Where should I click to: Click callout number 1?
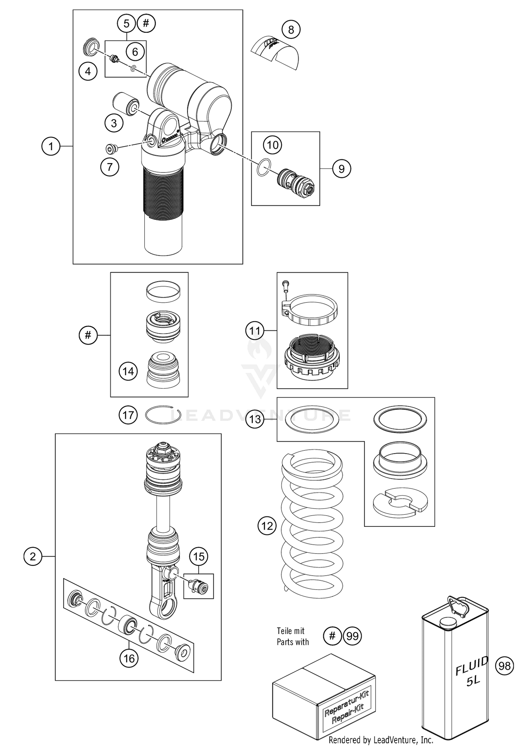coord(51,146)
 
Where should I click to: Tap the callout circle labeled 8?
coord(291,30)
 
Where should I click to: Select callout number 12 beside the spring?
coord(267,525)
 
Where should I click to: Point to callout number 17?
coord(128,415)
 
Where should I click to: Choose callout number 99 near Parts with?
coord(353,636)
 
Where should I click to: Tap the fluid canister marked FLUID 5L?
coord(455,675)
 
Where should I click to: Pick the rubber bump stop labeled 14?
coord(163,371)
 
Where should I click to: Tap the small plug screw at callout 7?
coord(111,149)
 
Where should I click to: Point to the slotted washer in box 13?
coord(400,503)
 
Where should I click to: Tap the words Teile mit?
coord(291,631)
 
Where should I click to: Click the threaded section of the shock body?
coord(163,193)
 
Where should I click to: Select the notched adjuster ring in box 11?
coord(312,360)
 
